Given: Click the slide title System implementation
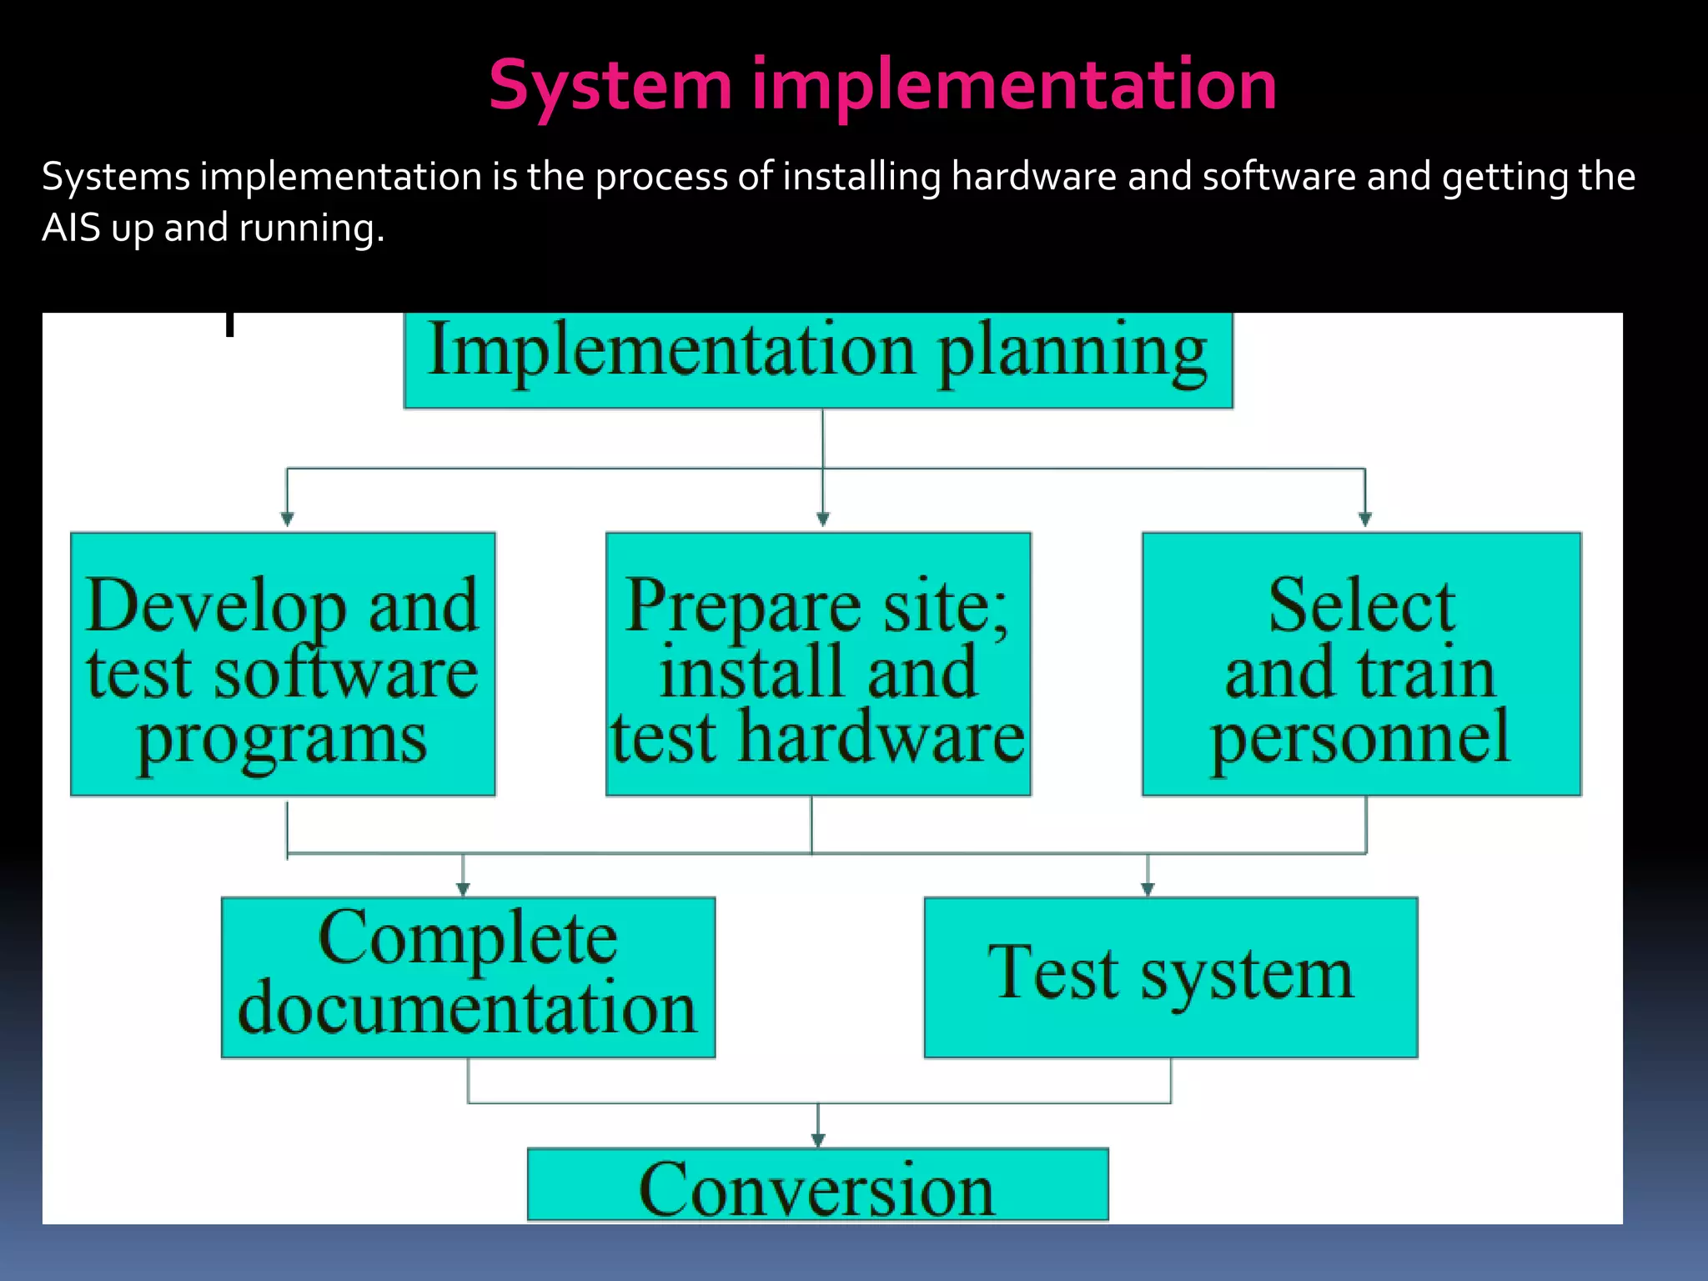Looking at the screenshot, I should (x=882, y=85).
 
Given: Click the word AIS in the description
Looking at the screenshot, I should (x=71, y=228).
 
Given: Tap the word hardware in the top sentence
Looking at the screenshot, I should (x=1033, y=177).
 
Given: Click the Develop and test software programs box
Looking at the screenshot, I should (x=283, y=665).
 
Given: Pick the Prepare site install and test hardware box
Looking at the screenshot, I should (x=818, y=665).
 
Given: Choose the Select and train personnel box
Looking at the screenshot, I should (x=1361, y=665).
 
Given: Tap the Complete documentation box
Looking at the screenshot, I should (x=468, y=977).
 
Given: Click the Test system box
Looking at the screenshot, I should (x=1170, y=977).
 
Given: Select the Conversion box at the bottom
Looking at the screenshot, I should (x=817, y=1185).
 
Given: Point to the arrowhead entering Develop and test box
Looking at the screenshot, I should (x=287, y=519).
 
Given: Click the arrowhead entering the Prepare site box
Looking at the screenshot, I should (x=823, y=519).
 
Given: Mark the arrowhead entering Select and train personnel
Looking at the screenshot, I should (x=1365, y=519).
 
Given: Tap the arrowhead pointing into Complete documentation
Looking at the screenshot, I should (x=463, y=889).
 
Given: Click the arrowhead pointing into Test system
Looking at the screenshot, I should (x=1148, y=889).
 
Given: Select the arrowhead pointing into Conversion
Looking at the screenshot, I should (x=818, y=1139).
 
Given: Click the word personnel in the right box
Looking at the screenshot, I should (x=1360, y=737).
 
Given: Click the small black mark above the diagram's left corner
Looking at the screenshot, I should (x=229, y=324).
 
